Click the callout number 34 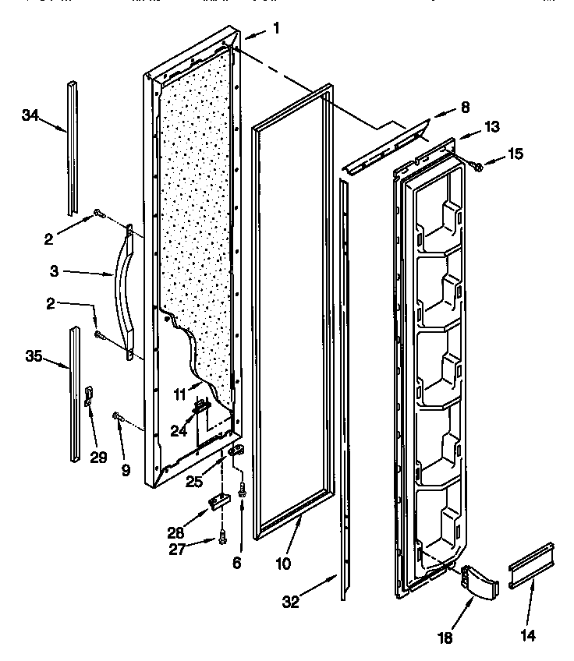point(30,115)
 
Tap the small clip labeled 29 point(88,395)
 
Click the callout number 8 point(465,108)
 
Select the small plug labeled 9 point(119,418)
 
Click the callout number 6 point(236,561)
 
